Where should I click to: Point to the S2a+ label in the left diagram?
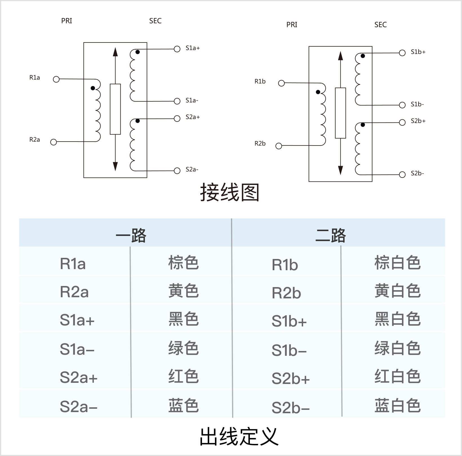193,117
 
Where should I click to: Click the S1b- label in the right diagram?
417,104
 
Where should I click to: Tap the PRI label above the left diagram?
67,21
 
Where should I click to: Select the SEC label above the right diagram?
380,25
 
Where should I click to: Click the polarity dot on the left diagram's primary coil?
93,88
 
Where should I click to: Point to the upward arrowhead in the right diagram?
341,56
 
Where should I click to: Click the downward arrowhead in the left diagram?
115,166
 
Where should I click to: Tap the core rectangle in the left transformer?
115,109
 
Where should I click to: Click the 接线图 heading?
230,192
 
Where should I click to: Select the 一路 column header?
131,235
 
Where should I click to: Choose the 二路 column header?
331,235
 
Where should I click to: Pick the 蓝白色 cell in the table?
397,405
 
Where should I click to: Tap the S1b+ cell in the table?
289,321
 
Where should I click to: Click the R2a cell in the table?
74,292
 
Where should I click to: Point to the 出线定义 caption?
239,436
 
